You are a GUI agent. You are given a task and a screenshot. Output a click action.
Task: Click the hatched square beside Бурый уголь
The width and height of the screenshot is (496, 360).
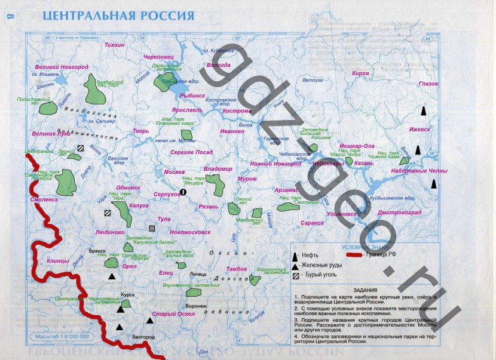[295, 275]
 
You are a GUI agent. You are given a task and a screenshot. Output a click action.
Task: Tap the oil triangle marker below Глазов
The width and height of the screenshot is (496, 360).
[424, 111]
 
